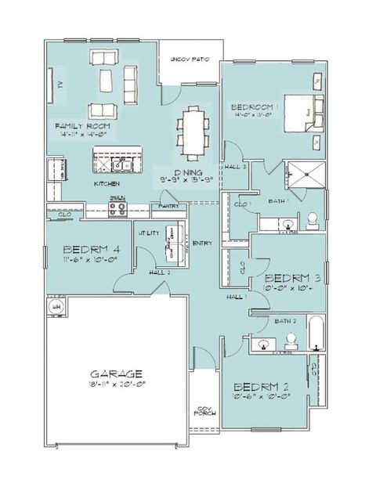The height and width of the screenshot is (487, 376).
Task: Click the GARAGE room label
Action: pyautogui.click(x=115, y=373)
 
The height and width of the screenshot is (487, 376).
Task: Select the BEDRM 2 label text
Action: pyautogui.click(x=263, y=386)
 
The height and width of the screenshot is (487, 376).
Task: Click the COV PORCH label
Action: pyautogui.click(x=205, y=411)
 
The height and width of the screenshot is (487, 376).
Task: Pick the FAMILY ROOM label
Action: pyautogui.click(x=81, y=126)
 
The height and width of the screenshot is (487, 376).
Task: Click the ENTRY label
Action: pyautogui.click(x=202, y=243)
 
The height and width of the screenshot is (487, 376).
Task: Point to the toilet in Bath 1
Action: pyautogui.click(x=311, y=218)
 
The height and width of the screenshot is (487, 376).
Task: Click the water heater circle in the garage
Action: pyautogui.click(x=56, y=308)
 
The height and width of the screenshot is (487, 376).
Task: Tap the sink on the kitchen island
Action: pyautogui.click(x=120, y=165)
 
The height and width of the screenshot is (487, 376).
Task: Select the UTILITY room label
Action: pyautogui.click(x=149, y=233)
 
